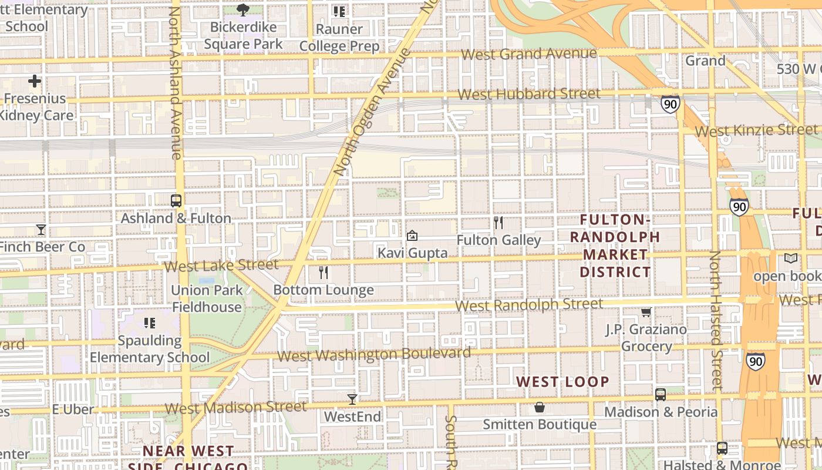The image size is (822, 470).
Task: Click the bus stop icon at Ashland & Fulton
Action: pyautogui.click(x=176, y=201)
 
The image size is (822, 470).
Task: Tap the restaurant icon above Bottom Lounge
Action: pyautogui.click(x=323, y=273)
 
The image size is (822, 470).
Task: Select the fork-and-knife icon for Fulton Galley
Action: pyautogui.click(x=498, y=223)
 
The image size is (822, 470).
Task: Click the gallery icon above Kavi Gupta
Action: pyautogui.click(x=412, y=236)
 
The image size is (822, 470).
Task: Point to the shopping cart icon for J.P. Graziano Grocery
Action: pyautogui.click(x=646, y=312)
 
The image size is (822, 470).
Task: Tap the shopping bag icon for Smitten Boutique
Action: pyautogui.click(x=539, y=407)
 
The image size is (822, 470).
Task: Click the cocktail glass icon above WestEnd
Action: pyautogui.click(x=352, y=399)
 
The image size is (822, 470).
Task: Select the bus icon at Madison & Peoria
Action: pyautogui.click(x=661, y=394)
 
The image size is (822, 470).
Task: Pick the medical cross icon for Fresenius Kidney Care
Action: pyautogui.click(x=35, y=81)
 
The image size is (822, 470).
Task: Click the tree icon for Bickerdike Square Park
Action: pyautogui.click(x=242, y=9)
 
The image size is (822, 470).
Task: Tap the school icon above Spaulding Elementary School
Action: pyautogui.click(x=149, y=323)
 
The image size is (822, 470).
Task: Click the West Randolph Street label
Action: pyautogui.click(x=528, y=304)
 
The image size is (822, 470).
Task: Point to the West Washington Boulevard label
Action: pyautogui.click(x=373, y=354)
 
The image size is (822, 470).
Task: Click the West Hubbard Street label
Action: pyautogui.click(x=528, y=94)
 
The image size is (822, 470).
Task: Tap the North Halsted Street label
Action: pyautogui.click(x=715, y=320)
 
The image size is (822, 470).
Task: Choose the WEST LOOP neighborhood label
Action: pyautogui.click(x=562, y=382)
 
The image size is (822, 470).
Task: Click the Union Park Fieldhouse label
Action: pyautogui.click(x=207, y=298)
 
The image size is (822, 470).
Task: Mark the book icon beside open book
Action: pyautogui.click(x=791, y=258)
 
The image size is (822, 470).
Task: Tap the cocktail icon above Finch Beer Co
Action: pyautogui.click(x=41, y=229)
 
